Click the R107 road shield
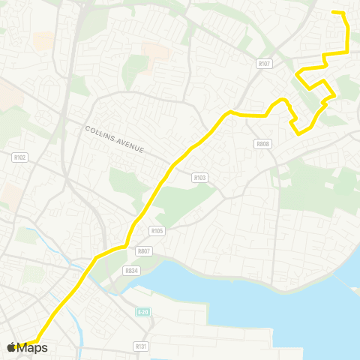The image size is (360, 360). point(262,64)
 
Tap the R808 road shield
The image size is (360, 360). point(262,144)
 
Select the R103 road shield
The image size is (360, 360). point(199,178)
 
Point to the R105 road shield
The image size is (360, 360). point(157,231)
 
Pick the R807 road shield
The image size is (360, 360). point(144,252)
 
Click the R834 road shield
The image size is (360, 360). point(132,270)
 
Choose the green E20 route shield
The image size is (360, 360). point(142,310)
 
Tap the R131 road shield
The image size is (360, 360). point(140,346)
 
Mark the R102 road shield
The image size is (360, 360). point(20,157)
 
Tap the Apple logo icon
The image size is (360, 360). point(11,347)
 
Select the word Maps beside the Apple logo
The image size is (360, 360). point(32,347)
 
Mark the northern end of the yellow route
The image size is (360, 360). point(333,13)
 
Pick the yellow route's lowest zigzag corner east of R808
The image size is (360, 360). point(299,134)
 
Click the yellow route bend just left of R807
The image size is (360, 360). point(123,246)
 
